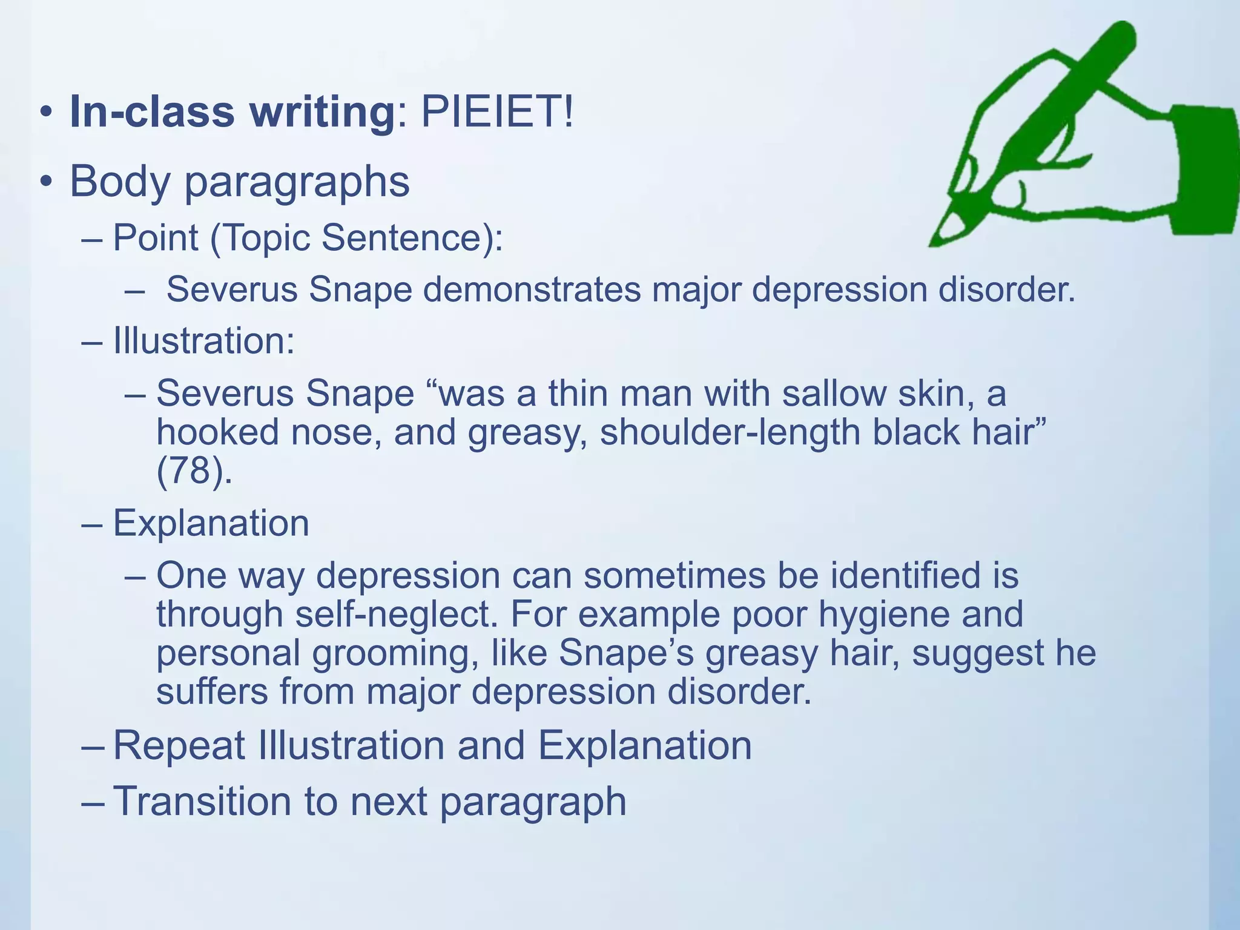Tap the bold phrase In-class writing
coord(232,113)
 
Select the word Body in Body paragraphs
coord(119,181)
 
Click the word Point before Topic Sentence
coord(155,237)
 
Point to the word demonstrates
coord(532,289)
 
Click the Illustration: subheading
coord(203,341)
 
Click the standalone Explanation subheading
coord(211,523)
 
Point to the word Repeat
coord(179,745)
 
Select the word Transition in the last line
coord(203,802)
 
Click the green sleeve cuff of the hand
coord(1204,170)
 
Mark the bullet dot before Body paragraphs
coord(46,182)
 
